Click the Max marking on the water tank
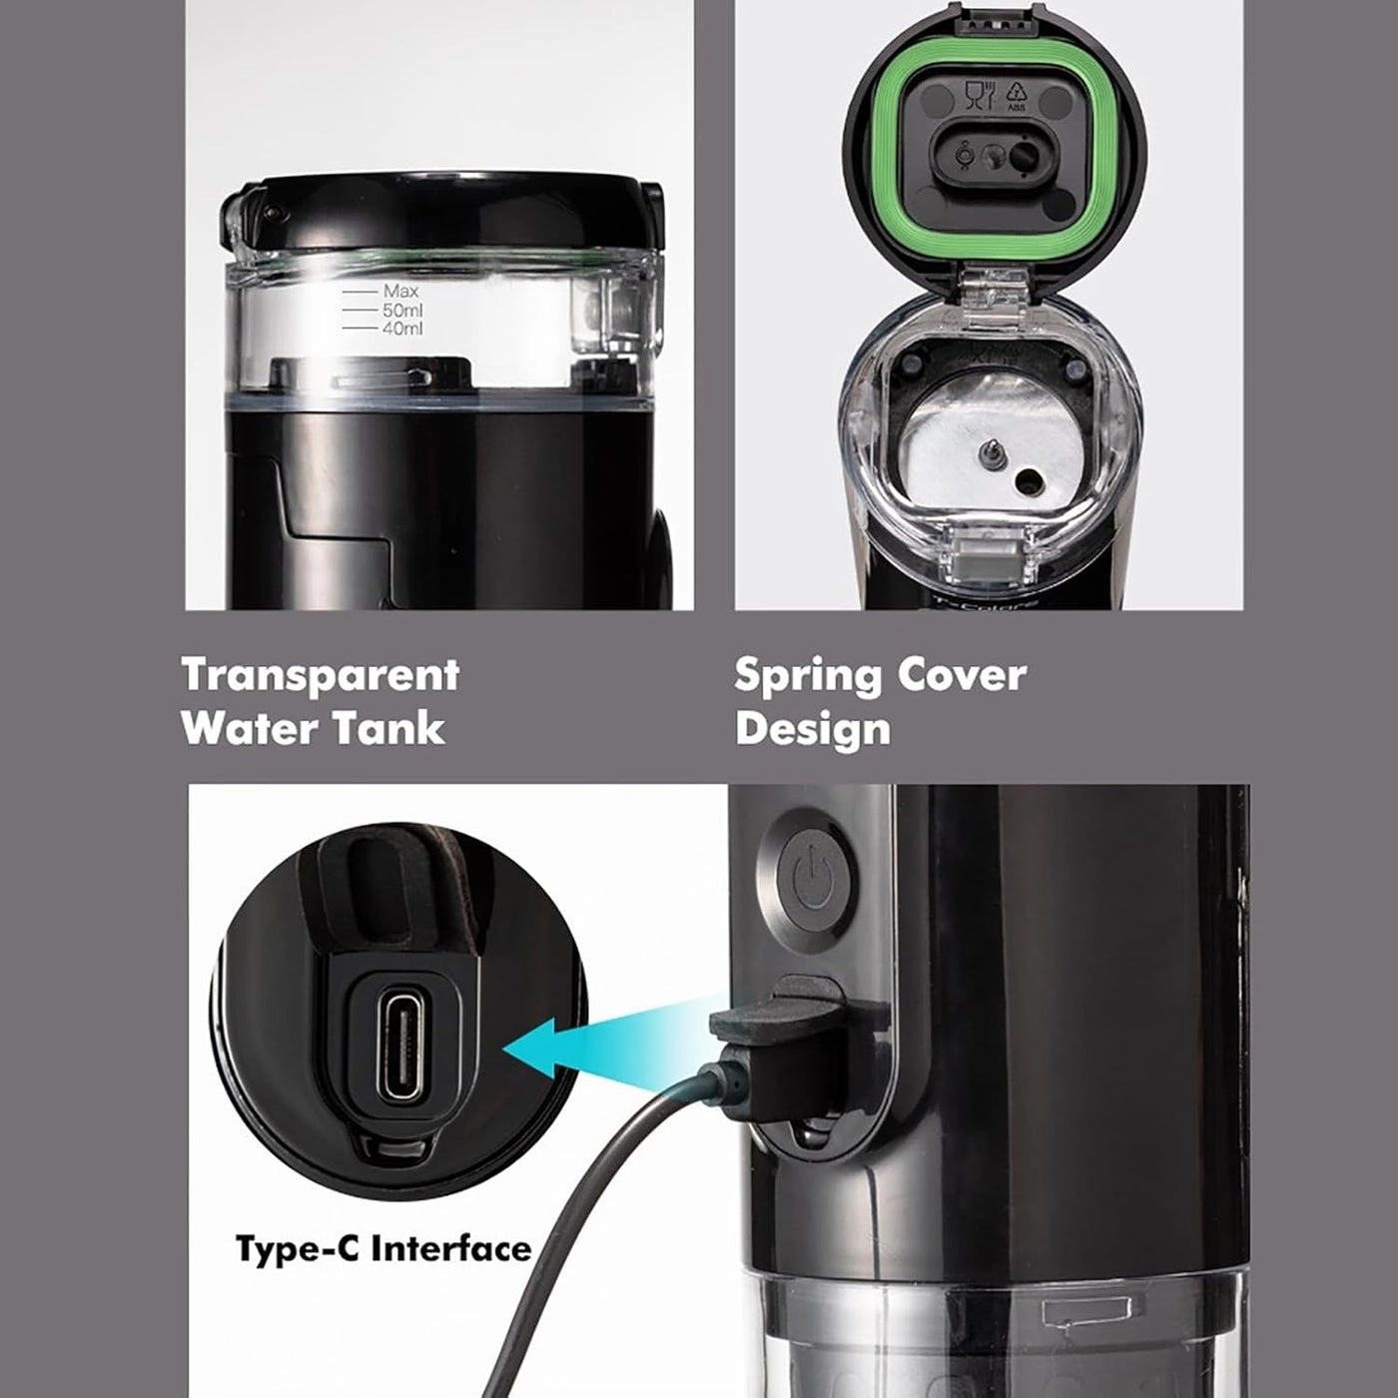[400, 292]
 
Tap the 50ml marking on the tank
[402, 311]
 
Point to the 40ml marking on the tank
[402, 329]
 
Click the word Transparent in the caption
[320, 676]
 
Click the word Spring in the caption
[806, 676]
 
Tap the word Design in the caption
[812, 728]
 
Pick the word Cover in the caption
[961, 676]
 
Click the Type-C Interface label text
[383, 1249]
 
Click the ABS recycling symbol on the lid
[1016, 96]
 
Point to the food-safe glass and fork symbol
[979, 96]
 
